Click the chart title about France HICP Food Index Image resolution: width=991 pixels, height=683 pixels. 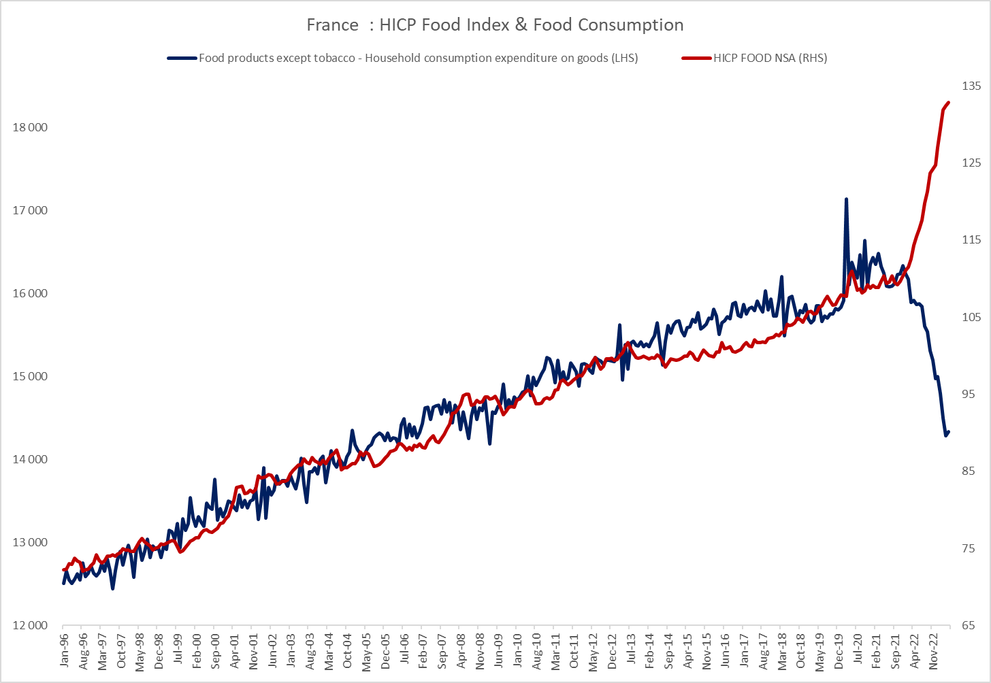[x=495, y=25]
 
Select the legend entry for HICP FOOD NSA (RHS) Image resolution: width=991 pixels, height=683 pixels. [x=770, y=58]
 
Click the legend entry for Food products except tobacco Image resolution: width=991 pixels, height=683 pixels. [x=418, y=58]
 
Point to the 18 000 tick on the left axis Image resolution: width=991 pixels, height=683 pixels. [x=30, y=128]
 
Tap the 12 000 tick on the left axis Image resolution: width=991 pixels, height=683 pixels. [x=30, y=625]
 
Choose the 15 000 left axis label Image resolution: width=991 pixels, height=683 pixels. [x=30, y=376]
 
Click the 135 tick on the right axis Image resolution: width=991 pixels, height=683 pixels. [x=971, y=86]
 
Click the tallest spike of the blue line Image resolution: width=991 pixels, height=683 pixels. [x=846, y=199]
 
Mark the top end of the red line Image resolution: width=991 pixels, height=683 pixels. [x=948, y=103]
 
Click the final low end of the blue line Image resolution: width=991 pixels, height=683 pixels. [x=946, y=435]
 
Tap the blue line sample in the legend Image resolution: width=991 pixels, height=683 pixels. [x=182, y=58]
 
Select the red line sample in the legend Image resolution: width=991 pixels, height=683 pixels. [x=696, y=58]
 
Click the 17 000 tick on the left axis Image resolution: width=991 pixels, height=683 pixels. [x=30, y=210]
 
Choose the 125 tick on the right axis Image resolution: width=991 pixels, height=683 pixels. [x=971, y=163]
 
